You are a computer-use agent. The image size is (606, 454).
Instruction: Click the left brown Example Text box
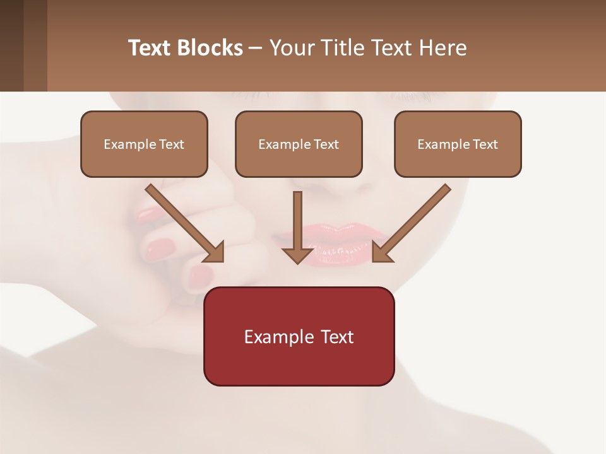tap(144, 144)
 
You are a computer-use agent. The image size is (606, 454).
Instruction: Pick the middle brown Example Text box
tap(299, 144)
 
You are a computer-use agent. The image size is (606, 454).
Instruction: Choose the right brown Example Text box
tap(458, 144)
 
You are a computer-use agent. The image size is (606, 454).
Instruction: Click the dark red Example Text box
tap(299, 336)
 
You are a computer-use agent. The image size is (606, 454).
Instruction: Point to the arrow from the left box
tap(184, 223)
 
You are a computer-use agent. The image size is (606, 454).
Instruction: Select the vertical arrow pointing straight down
tap(298, 227)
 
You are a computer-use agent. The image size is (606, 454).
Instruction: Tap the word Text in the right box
tap(484, 144)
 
